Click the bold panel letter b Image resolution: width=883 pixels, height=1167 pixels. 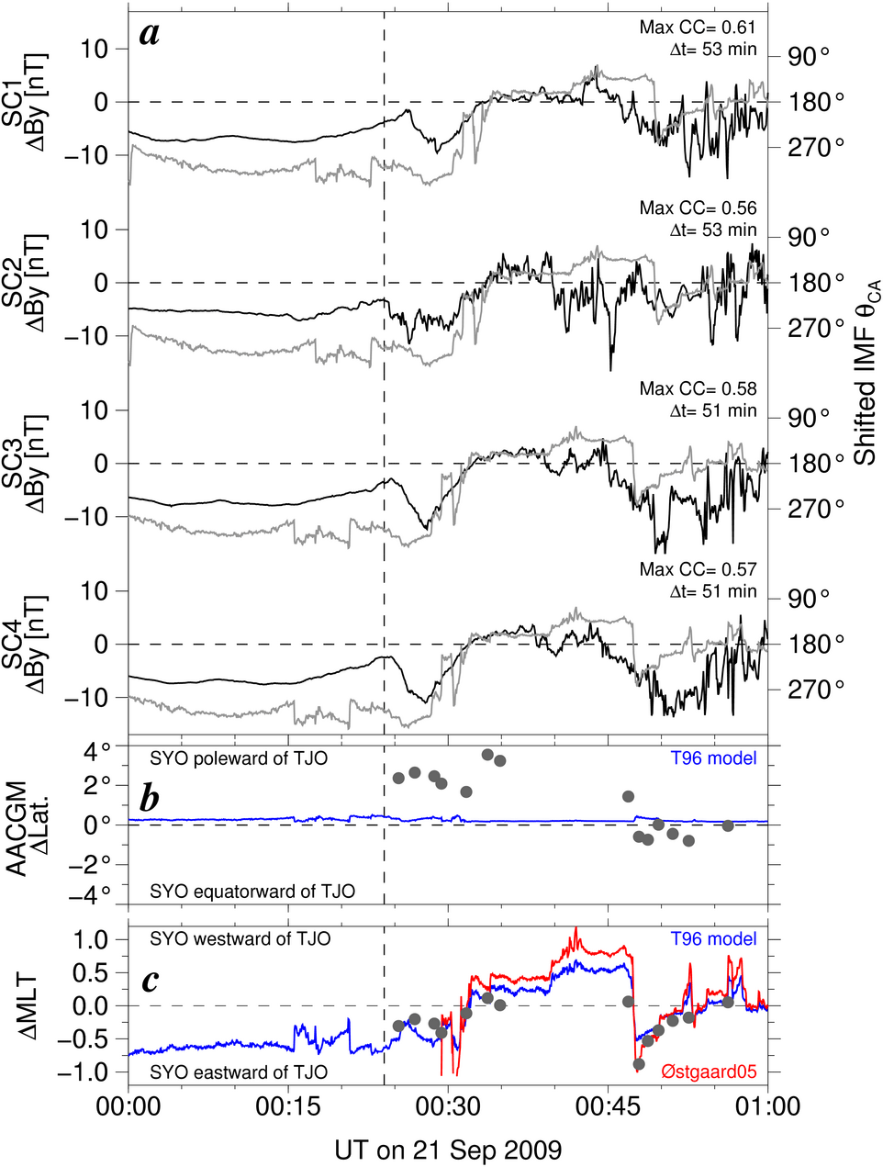(x=150, y=798)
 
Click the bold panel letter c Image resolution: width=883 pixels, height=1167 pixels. (x=149, y=981)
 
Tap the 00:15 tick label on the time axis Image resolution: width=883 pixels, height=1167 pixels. (x=288, y=1105)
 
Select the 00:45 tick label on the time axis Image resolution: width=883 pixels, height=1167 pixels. (x=608, y=1105)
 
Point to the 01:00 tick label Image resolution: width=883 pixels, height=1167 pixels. (x=767, y=1105)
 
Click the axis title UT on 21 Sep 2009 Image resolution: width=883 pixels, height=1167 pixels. (x=448, y=1150)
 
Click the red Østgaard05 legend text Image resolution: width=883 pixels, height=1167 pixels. (x=709, y=1071)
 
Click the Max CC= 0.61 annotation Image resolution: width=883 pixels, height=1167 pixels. (x=698, y=28)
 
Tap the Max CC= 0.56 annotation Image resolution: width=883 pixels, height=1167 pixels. (x=698, y=208)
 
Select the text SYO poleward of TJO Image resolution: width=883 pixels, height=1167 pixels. (x=239, y=758)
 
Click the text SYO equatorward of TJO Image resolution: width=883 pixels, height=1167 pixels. (x=252, y=891)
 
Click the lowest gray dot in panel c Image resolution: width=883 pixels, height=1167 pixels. (x=639, y=1064)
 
